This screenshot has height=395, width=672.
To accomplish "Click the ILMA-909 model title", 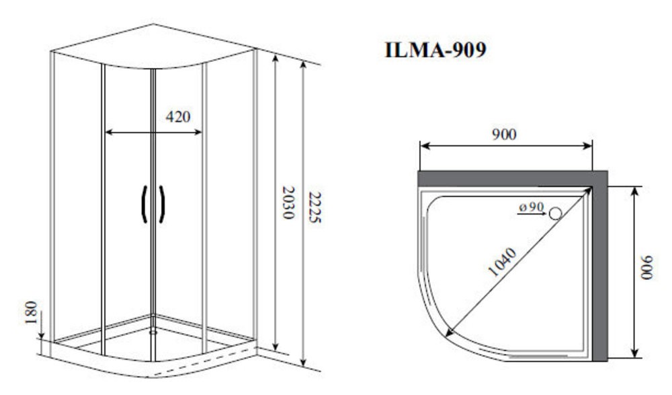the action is pos(435,49).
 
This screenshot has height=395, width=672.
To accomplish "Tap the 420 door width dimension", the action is pos(178,116).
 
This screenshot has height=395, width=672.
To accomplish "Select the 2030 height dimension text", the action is pos(288,203).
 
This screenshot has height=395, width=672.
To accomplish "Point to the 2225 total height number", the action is pos(315,207).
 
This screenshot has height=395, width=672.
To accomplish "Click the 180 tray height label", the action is pos(32,312).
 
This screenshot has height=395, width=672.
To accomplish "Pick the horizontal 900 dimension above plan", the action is pos(504,135).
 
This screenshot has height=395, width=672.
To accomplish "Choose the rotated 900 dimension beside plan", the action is pos(646,268).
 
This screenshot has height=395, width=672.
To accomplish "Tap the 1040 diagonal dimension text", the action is pos(502,262).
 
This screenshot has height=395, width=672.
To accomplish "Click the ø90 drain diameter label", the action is pos(532,207).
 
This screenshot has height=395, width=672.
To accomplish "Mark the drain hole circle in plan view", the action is pos(556,213).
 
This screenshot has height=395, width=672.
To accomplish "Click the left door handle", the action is pos(144,205).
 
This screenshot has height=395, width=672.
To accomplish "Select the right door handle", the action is pos(162,205).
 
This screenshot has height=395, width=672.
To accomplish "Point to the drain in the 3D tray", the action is pos(153,332).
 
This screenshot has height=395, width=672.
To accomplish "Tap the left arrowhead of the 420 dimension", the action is pos(109,133).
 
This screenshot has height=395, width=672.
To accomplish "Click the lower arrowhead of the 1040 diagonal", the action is pos(449,332).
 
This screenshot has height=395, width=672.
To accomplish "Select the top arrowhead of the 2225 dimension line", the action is pos(304,65).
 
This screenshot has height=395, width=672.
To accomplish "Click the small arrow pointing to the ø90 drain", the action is pos(532,213).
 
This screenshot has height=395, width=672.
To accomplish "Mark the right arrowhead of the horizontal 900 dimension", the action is pos(587,146).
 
